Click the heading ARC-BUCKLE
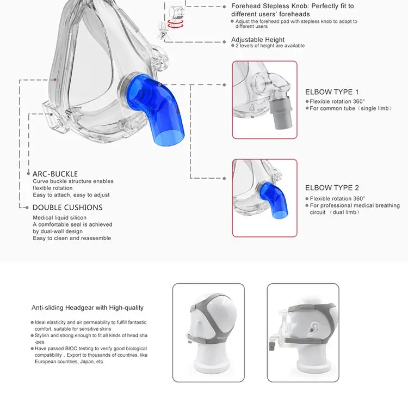click(x=55, y=174)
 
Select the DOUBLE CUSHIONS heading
click(x=67, y=208)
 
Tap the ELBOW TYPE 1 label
click(x=332, y=92)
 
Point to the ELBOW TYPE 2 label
click(x=332, y=187)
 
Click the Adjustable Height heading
click(x=258, y=40)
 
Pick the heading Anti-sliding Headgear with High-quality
click(x=88, y=308)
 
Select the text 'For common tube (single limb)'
click(x=351, y=108)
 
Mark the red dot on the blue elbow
click(x=159, y=85)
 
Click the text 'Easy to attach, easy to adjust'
click(x=71, y=195)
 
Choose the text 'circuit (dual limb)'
click(x=335, y=212)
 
